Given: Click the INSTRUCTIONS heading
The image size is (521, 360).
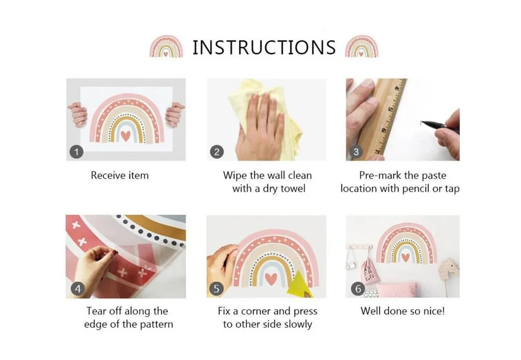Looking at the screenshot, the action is tap(264, 47).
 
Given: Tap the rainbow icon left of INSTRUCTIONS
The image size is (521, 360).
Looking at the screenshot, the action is tap(166, 46).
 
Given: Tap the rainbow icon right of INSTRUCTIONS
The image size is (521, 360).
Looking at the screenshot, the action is tap(361, 46).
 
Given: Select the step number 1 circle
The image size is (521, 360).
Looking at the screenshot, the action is tap(76, 152).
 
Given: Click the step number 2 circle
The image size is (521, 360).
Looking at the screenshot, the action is tap(217, 152).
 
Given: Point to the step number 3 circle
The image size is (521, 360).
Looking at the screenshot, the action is tap(356, 152).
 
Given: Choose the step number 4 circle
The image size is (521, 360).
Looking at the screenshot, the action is tap(78, 288).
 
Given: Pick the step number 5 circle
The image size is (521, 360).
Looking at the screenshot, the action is tap(216, 288).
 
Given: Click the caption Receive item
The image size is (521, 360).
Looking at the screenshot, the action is tap(120, 175).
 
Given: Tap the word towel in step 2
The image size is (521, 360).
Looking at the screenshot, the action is tap(293, 189).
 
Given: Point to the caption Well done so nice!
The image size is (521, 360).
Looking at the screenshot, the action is tap(402, 311).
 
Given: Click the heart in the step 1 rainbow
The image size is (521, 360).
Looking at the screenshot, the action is tap(125, 135).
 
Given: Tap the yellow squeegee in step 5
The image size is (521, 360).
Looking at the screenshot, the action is tap(300, 284).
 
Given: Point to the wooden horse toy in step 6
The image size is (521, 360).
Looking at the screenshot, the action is tap(448, 272).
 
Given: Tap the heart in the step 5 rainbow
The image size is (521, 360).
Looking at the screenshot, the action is tap(271, 278).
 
